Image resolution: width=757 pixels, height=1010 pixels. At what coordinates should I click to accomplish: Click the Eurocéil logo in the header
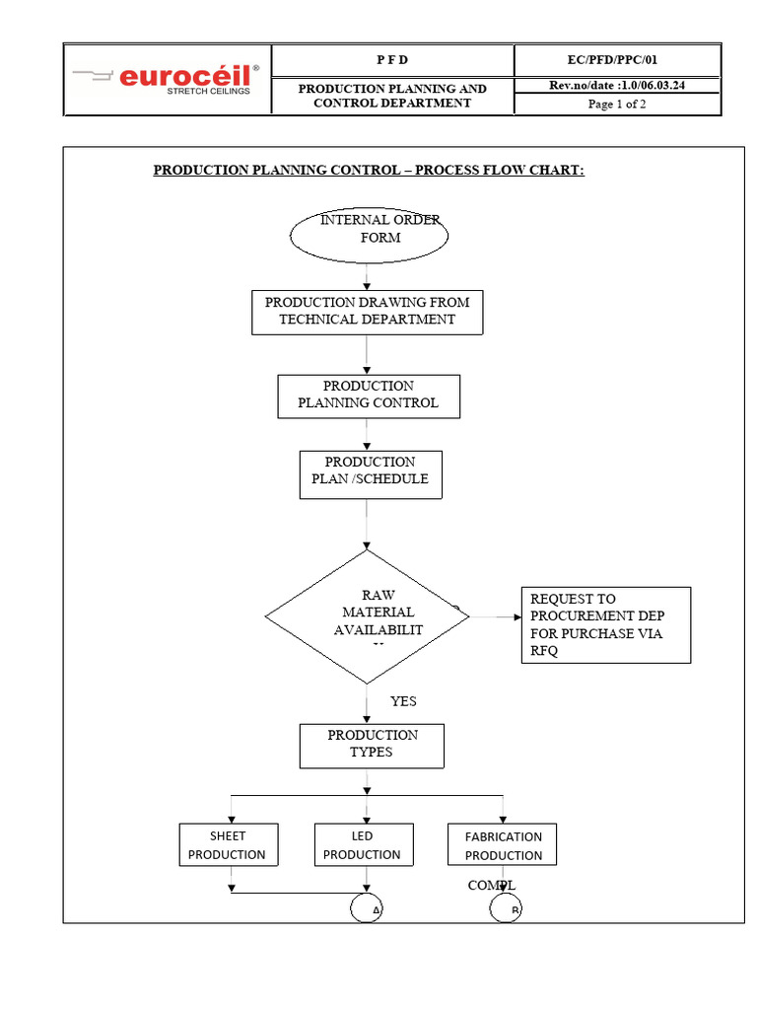(x=166, y=79)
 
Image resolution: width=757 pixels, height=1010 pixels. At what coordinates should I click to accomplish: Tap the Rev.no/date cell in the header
(x=616, y=86)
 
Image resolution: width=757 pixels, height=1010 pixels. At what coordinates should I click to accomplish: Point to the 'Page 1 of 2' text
(x=616, y=105)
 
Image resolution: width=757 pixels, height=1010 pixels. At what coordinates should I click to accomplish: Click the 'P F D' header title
(x=391, y=60)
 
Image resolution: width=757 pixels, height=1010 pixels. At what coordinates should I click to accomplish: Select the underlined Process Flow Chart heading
(x=369, y=170)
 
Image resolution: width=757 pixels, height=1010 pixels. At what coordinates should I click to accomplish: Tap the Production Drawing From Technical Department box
(x=368, y=311)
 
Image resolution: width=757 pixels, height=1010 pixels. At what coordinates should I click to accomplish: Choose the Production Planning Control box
(x=368, y=395)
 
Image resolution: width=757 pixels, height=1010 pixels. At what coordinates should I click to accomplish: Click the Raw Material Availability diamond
(x=367, y=616)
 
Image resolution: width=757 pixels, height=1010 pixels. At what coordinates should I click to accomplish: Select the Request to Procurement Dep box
(x=605, y=624)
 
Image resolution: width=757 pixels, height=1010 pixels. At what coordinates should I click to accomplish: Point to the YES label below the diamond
(x=403, y=701)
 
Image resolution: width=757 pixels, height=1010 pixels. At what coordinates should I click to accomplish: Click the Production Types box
(x=372, y=746)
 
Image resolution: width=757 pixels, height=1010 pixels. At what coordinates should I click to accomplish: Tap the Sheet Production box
(x=228, y=845)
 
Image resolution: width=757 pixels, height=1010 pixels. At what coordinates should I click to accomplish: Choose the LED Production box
(x=363, y=845)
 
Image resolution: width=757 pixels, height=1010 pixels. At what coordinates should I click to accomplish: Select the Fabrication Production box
(x=503, y=845)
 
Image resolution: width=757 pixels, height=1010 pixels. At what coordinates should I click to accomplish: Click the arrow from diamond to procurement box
(x=495, y=617)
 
